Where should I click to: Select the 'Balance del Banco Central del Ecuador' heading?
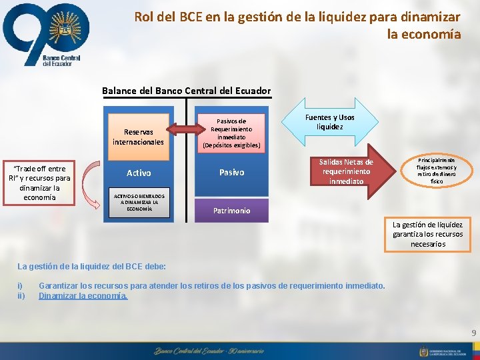[x=186, y=91]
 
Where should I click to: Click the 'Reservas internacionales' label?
[x=138, y=137]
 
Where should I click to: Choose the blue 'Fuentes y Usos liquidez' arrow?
[x=330, y=123]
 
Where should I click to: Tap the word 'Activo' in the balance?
[x=139, y=173]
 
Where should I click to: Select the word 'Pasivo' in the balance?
[x=231, y=173]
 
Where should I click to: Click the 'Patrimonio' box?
[x=231, y=211]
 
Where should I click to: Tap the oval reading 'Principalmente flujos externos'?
[x=437, y=171]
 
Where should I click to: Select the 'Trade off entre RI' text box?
[x=39, y=183]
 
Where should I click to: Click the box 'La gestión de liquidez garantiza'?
[x=427, y=234]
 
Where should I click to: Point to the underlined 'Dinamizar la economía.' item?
[x=83, y=295]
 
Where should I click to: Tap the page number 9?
[x=473, y=332]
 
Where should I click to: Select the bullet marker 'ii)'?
[x=21, y=295]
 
